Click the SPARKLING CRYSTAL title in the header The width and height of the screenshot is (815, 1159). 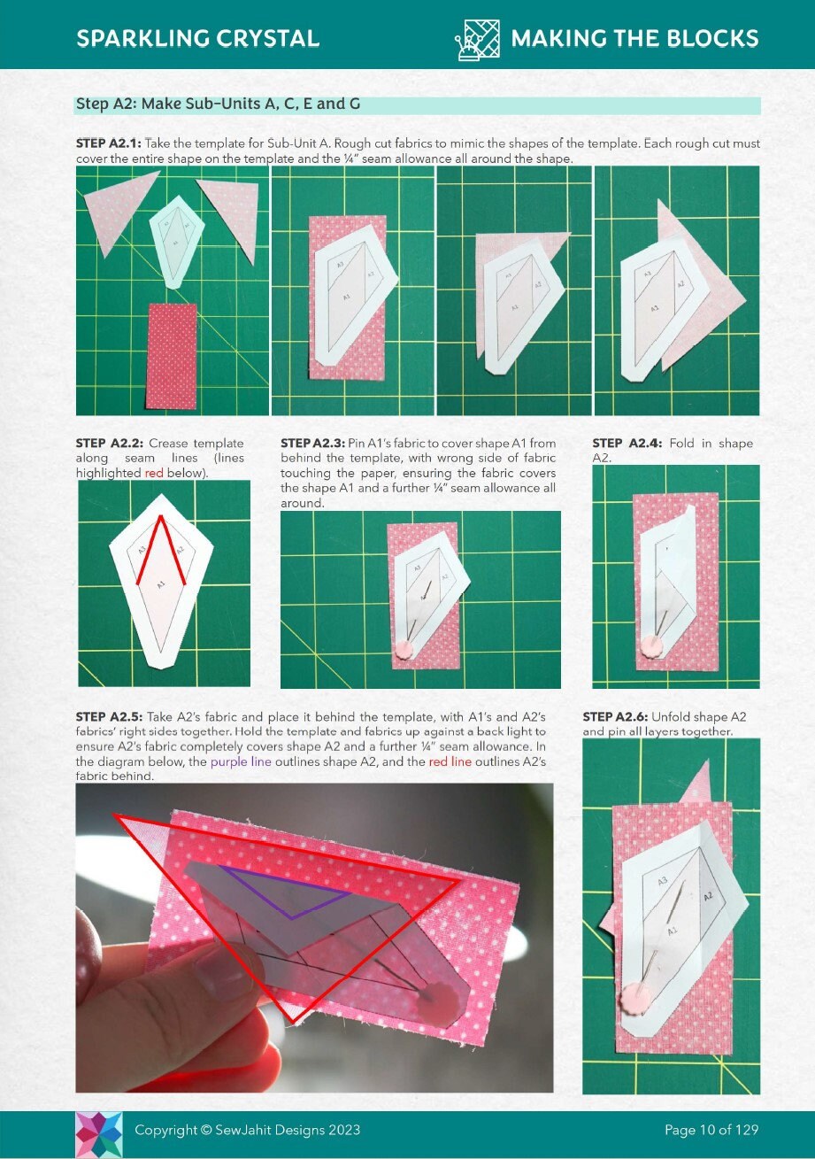(197, 39)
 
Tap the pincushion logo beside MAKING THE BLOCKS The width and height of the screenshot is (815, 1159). (477, 39)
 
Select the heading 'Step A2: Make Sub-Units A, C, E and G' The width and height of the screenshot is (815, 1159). (218, 104)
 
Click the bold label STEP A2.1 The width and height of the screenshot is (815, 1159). (108, 143)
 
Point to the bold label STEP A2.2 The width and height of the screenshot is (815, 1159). (109, 443)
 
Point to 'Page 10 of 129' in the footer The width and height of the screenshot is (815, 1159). (711, 1130)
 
